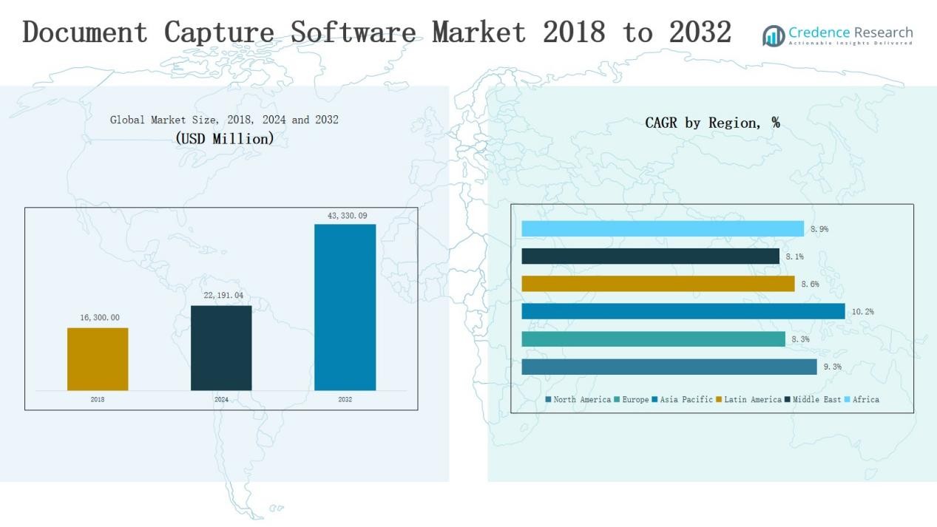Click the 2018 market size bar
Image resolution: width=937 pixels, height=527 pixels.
[98, 359]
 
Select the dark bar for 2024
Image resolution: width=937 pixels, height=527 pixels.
[221, 348]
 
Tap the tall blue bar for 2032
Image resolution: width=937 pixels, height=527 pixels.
[345, 307]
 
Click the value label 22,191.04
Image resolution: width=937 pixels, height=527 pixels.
[223, 296]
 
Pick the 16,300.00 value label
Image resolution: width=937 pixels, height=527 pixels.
[99, 318]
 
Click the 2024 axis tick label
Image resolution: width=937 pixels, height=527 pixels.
[221, 400]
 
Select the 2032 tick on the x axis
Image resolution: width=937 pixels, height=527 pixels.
[345, 400]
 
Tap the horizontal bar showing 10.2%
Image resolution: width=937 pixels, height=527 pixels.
[683, 311]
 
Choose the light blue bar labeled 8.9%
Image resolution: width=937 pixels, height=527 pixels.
[662, 229]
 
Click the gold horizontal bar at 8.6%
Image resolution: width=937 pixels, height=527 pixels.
[657, 284]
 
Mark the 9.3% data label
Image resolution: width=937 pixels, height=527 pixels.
[832, 367]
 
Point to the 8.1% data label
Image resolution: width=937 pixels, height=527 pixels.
[794, 256]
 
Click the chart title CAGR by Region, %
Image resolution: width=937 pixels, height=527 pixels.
[712, 123]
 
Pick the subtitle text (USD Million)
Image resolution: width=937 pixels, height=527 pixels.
[225, 138]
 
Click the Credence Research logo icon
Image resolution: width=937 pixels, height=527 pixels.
[774, 35]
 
